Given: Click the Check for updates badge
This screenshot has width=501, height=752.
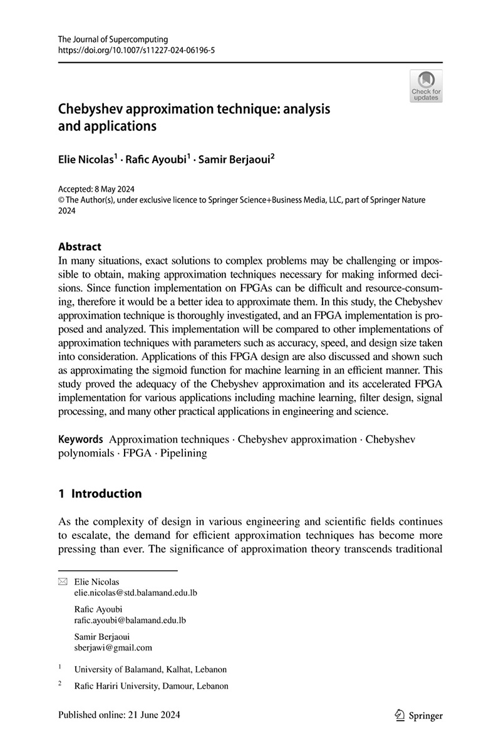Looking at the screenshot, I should [426, 86].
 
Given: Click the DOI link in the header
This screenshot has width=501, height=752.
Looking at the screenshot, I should [137, 50].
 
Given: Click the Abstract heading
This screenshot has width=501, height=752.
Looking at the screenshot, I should [80, 247].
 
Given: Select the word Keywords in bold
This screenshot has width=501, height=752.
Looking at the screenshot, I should [80, 439].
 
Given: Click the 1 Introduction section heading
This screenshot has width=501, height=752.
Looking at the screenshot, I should [100, 494].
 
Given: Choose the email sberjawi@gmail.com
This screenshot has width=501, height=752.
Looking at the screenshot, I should [113, 648].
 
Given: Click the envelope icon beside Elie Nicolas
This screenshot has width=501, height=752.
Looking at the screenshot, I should [62, 582].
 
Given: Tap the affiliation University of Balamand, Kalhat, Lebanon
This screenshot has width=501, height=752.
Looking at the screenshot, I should [150, 669].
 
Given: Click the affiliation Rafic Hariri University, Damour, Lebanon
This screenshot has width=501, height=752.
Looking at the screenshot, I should [151, 686].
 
